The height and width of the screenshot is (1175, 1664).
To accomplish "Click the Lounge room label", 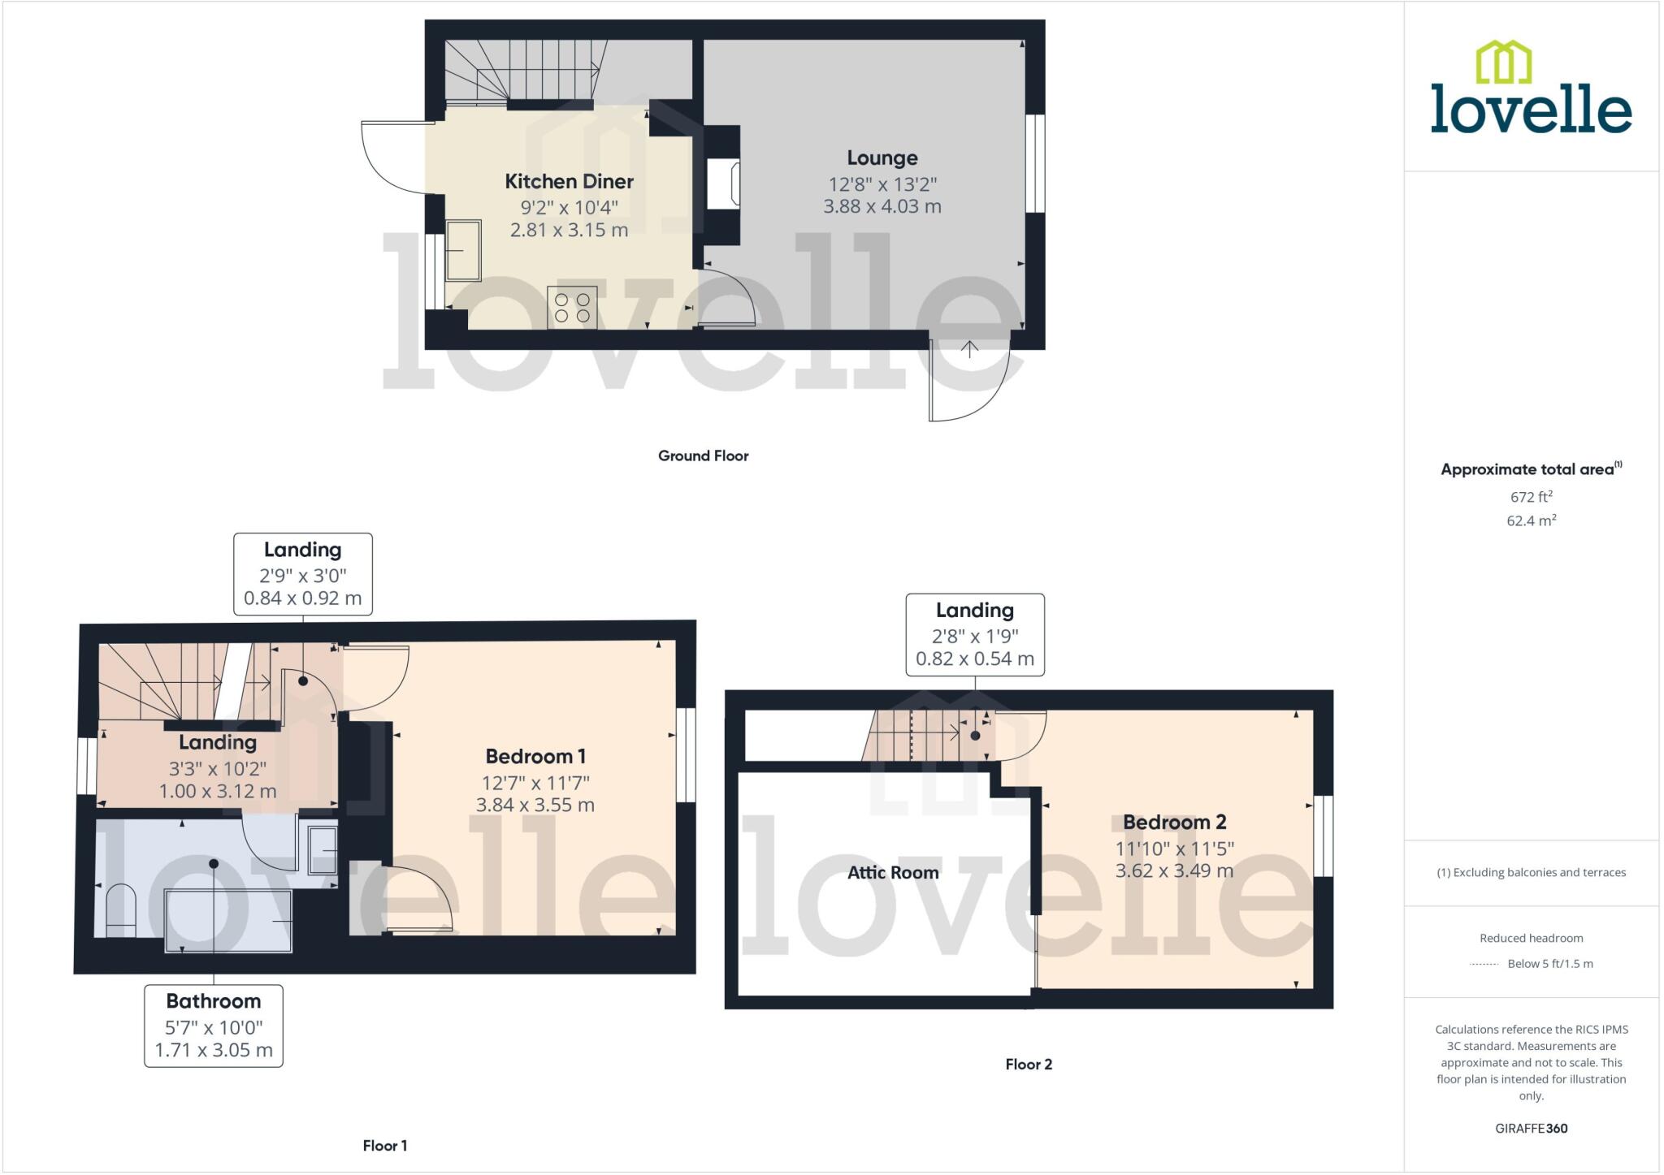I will [882, 158].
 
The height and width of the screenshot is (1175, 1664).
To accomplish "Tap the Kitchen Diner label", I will [569, 181].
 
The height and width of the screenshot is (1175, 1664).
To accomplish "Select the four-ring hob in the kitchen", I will [572, 307].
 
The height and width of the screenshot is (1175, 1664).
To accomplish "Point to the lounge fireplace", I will [722, 184].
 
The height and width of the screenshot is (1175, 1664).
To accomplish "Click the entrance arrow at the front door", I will [969, 349].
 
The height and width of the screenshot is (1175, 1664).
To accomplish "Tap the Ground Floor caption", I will [703, 456].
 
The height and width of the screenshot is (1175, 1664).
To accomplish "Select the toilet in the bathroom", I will [121, 909].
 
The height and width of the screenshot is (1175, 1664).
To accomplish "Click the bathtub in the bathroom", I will [228, 921].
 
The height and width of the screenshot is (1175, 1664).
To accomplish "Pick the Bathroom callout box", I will [214, 1026].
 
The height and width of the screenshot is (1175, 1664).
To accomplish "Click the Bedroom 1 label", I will [535, 756].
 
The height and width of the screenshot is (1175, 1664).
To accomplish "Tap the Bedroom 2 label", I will [1174, 822].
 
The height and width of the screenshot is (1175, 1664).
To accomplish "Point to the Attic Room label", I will [893, 872].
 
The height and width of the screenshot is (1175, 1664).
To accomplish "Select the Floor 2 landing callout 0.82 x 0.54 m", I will [975, 634].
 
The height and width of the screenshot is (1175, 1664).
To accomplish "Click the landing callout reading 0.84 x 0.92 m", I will [303, 574].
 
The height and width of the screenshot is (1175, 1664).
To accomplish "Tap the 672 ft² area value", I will [1531, 496].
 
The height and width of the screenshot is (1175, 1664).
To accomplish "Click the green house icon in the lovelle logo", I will [1503, 63].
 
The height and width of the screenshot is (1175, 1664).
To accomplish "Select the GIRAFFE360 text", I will [1531, 1128].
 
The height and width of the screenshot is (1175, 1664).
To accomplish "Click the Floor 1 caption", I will [385, 1145].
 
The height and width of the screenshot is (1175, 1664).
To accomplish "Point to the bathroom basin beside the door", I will [323, 850].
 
